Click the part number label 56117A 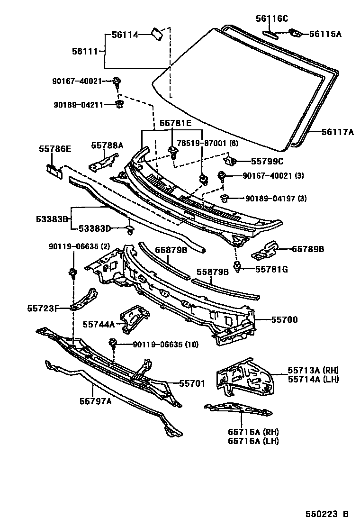tap(332, 133)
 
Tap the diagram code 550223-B tap(327, 514)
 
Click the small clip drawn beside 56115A tap(295, 33)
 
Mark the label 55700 tap(284, 320)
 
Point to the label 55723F tap(42, 309)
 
